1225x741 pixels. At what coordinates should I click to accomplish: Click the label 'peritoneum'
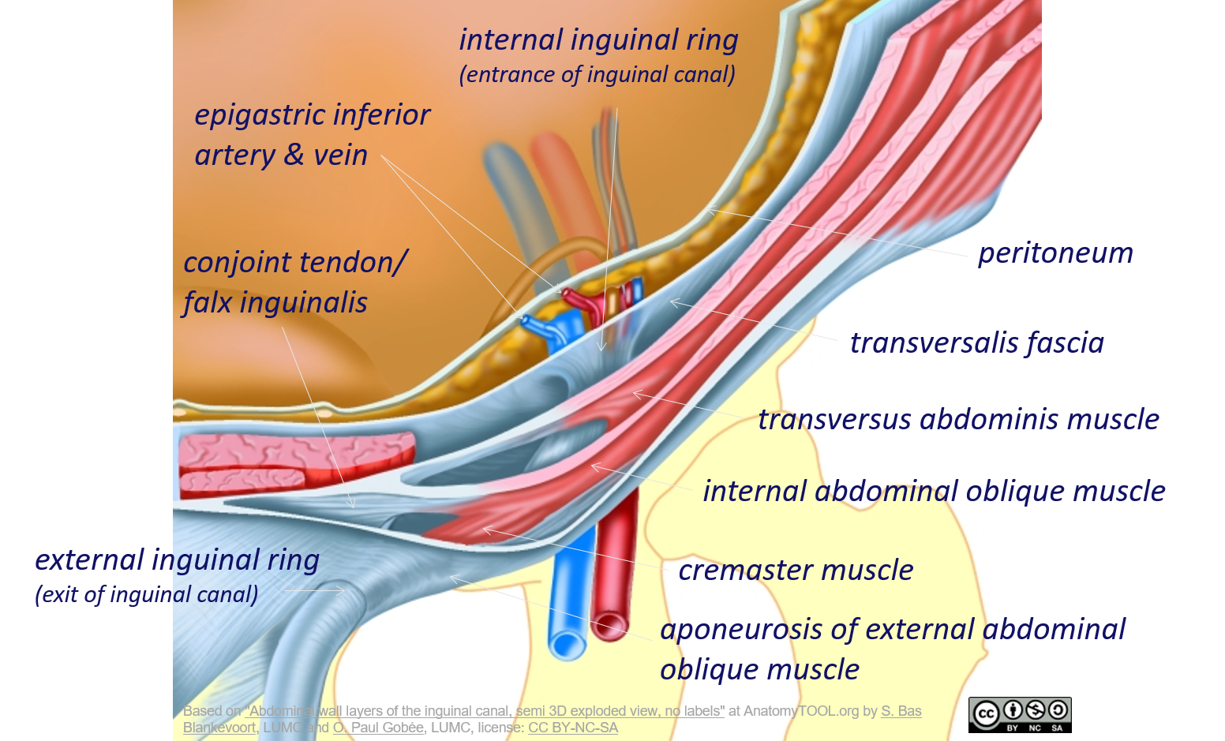1055,253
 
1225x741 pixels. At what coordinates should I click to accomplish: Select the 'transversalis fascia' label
976,343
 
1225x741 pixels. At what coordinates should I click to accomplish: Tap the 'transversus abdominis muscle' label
958,419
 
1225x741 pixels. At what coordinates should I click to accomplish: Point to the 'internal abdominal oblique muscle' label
934,491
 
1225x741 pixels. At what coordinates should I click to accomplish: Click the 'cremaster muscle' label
796,570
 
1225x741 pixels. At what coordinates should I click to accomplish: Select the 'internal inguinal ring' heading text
598,39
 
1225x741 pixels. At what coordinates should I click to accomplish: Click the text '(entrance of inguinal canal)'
598,75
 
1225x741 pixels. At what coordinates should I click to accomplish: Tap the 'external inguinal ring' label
177,559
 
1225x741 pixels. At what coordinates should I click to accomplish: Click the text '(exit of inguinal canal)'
147,594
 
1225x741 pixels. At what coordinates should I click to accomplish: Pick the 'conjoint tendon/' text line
295,262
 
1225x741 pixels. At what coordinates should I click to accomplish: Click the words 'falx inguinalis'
275,302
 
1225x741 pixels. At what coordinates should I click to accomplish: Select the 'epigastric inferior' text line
312,115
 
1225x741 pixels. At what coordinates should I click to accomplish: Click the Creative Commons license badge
1020,715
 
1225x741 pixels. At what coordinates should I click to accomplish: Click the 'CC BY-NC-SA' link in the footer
572,728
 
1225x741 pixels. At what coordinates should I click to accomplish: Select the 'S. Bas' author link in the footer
901,711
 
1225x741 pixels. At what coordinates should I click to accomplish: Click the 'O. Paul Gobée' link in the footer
378,728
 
